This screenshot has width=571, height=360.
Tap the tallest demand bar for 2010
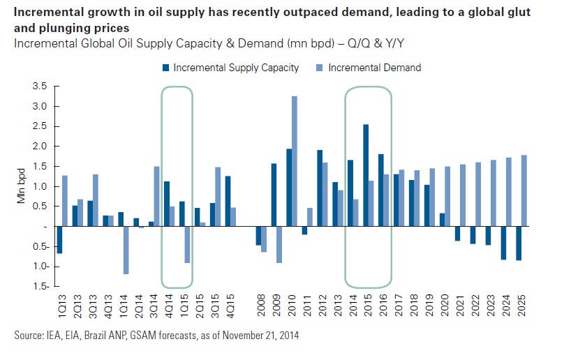[x=294, y=161]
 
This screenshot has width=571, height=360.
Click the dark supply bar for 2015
[x=366, y=175]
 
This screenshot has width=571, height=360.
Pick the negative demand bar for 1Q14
[x=126, y=250]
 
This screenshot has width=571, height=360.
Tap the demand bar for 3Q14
[x=156, y=196]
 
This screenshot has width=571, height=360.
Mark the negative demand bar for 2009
[x=279, y=244]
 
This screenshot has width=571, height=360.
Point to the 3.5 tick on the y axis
[x=40, y=87]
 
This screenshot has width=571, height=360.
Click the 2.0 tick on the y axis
[x=40, y=147]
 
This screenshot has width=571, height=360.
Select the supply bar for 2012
[x=320, y=188]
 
